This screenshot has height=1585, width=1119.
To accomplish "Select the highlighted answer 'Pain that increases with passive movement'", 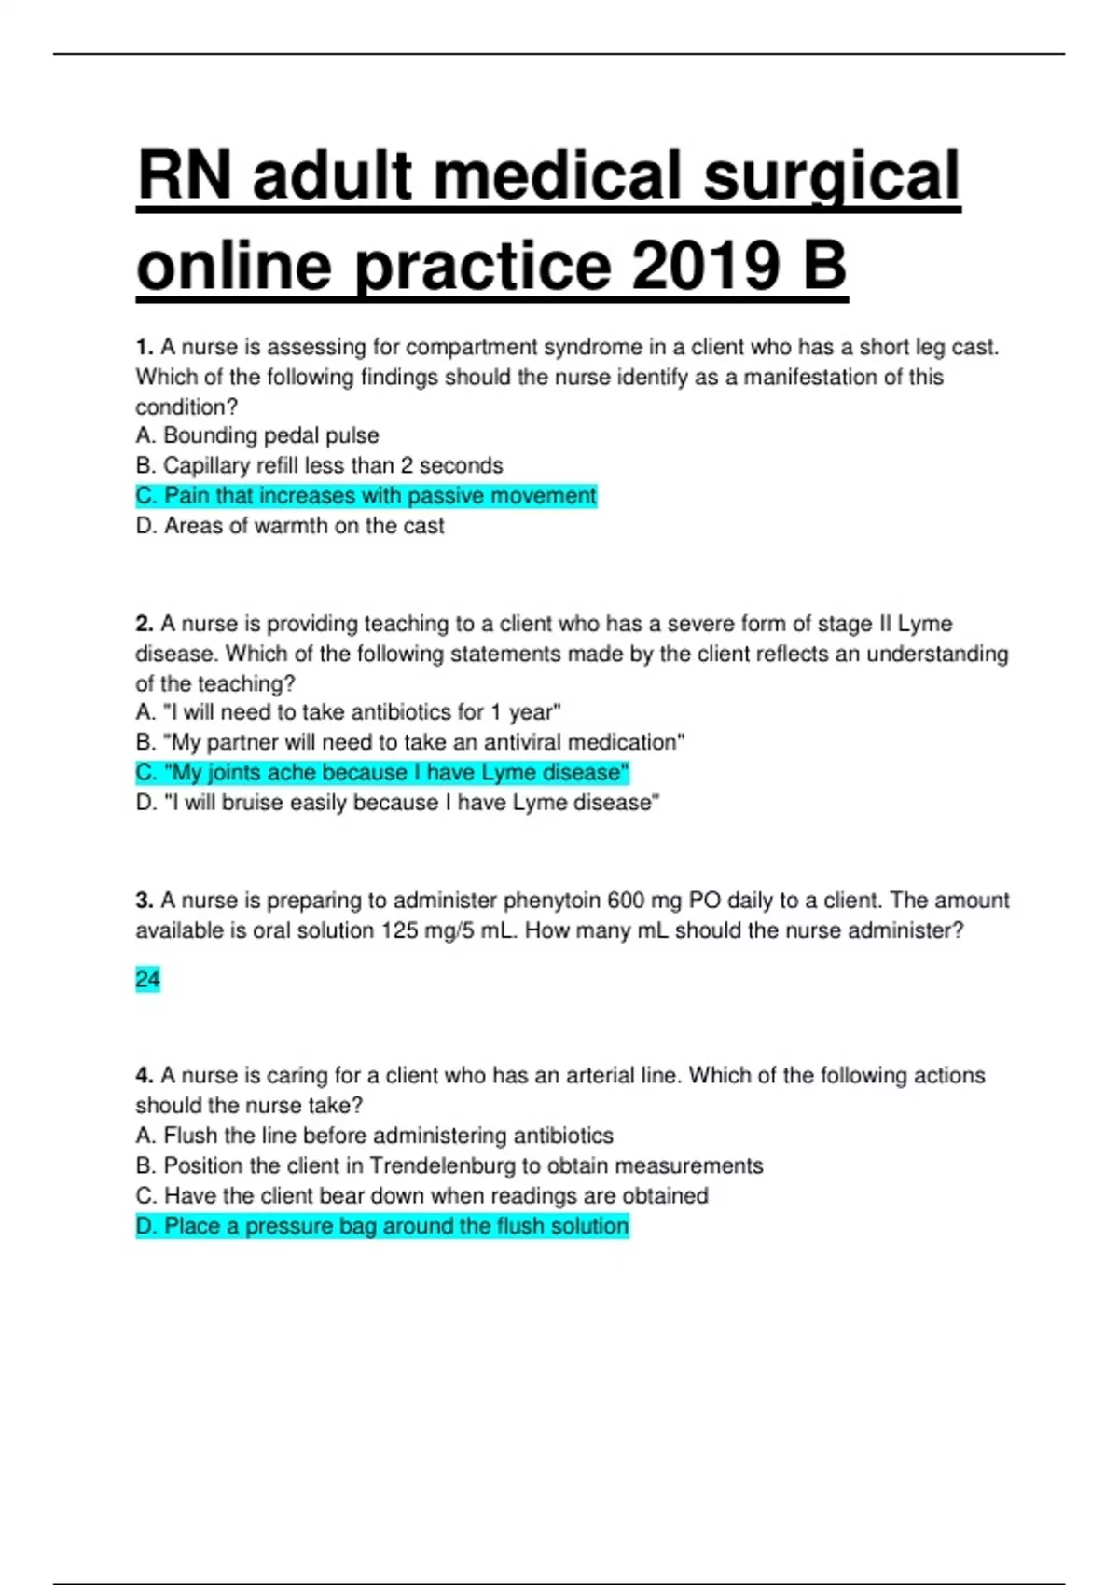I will coord(366,496).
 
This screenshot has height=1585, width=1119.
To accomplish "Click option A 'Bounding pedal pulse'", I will coord(257,435).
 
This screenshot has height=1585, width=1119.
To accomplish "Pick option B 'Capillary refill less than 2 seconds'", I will coord(319,465).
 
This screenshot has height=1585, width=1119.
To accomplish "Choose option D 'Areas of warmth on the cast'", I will coord(290,526).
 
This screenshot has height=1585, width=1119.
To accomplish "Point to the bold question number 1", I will coord(144,348).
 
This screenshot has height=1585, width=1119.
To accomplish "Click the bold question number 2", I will coord(144,624).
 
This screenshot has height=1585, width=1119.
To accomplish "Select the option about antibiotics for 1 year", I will coord(348,712).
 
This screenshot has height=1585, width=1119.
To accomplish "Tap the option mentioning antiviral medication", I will coord(410,742).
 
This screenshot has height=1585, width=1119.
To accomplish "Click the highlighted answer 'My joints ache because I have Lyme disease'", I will coord(382,773).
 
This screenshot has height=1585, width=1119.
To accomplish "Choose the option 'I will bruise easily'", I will coord(397,803).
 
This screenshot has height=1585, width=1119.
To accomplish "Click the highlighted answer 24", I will coord(147,979).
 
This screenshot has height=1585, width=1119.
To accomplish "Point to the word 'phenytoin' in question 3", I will coord(551,901).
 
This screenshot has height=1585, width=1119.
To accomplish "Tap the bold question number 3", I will coord(144,901).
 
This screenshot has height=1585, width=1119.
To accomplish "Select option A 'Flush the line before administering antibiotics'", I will coord(374,1136).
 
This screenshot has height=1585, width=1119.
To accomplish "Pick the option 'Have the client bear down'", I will coord(421,1195).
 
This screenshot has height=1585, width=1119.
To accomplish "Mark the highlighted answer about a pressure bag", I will coord(382,1226).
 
